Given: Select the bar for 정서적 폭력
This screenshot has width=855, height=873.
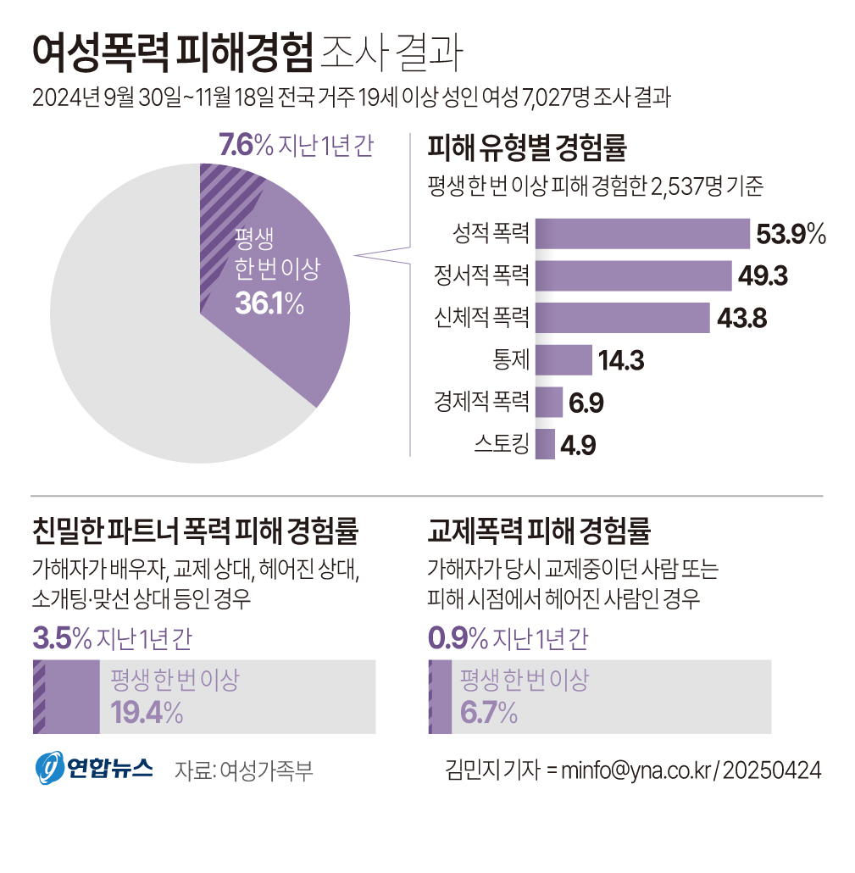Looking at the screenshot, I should tap(634, 275).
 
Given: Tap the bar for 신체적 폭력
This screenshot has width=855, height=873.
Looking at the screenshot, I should tap(623, 318).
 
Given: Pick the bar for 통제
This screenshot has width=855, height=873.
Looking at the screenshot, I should tap(564, 360).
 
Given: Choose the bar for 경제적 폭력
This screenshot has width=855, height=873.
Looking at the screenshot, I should tap(550, 403).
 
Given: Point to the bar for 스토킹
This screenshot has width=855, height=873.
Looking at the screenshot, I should tap(546, 444).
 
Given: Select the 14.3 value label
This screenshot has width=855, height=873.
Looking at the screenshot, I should tap(621, 361).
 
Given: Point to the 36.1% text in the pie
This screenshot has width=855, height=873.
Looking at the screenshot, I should tap(269, 303).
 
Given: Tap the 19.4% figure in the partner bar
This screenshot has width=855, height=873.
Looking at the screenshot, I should tap(147, 712).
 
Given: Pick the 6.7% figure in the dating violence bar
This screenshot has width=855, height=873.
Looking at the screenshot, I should tap(488, 712).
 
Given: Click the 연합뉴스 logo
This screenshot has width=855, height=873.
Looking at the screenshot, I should tap(93, 768).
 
